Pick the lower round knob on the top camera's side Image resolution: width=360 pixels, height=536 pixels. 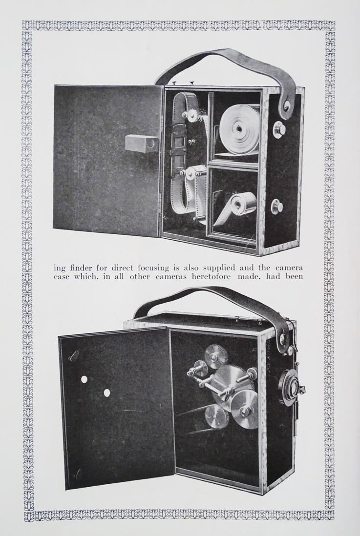click(277, 206)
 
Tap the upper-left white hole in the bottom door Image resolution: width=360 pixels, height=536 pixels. click(84, 379)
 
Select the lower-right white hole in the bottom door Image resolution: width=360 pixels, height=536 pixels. click(107, 392)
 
